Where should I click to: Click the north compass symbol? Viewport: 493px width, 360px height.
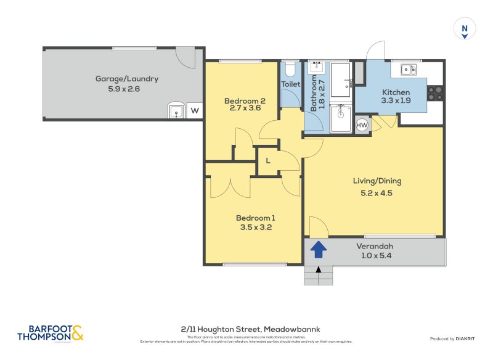pyautogui.click(x=465, y=29)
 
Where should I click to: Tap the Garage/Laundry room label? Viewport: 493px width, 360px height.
pyautogui.click(x=126, y=79)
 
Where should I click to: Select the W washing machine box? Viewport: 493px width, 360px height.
pyautogui.click(x=194, y=111)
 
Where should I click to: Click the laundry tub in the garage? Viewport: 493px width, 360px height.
pyautogui.click(x=176, y=111)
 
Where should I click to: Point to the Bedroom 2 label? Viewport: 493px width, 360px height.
pyautogui.click(x=245, y=101)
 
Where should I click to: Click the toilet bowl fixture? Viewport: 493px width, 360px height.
pyautogui.click(x=290, y=68)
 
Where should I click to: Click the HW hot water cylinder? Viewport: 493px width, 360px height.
pyautogui.click(x=362, y=125)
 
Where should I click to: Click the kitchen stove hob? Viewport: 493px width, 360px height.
pyautogui.click(x=435, y=93)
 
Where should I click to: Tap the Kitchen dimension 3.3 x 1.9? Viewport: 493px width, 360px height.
pyautogui.click(x=395, y=100)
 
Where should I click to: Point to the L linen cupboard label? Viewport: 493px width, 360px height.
pyautogui.click(x=267, y=161)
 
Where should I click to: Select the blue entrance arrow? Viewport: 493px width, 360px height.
pyautogui.click(x=318, y=249)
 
